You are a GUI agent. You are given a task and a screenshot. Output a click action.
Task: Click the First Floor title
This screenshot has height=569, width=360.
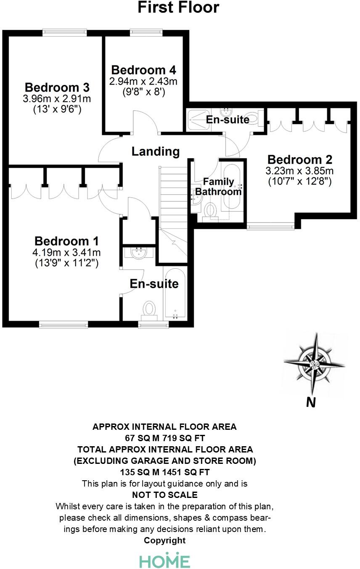178,7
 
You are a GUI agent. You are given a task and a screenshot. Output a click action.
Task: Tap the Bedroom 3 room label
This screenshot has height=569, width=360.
57,88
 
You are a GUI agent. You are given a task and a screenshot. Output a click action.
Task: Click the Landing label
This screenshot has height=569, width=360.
156,151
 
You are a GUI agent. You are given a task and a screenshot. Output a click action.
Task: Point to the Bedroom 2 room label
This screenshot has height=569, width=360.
300,160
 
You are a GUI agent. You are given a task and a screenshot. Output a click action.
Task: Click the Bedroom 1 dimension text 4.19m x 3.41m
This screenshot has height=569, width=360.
66,252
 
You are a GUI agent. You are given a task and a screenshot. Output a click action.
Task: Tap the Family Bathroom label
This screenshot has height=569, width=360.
218,187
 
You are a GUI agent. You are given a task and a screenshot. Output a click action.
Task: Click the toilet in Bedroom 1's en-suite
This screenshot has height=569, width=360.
149,308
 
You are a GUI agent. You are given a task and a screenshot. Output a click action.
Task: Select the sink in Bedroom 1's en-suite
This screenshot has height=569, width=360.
138,253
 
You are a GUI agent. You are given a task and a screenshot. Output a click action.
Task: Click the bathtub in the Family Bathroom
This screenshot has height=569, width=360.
231,187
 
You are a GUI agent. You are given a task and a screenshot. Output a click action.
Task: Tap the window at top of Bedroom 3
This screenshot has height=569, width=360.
65,32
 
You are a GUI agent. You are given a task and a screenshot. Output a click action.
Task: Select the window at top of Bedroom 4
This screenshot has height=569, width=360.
146,32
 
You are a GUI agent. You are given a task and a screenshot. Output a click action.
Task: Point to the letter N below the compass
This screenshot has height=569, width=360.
310,402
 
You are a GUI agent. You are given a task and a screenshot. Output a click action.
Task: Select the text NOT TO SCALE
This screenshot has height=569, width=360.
164,495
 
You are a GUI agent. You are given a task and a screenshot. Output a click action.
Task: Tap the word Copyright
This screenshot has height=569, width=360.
164,540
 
